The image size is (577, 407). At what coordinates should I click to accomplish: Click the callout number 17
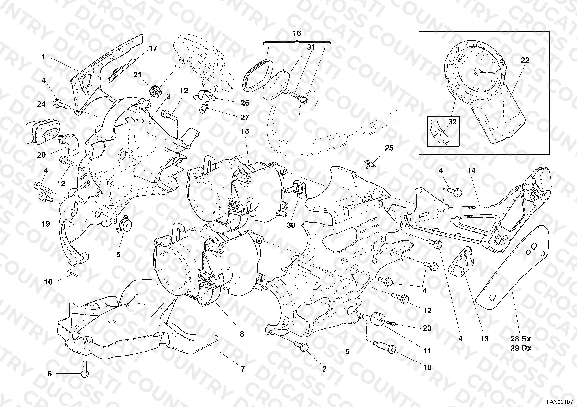153,48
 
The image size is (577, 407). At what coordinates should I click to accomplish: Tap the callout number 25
389,148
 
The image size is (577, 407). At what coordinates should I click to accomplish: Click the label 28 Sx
520,339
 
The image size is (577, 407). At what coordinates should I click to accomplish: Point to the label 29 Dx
520,348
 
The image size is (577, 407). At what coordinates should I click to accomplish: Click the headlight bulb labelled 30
295,189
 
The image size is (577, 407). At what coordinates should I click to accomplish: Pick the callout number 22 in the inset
525,60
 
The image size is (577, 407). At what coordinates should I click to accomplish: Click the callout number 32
452,122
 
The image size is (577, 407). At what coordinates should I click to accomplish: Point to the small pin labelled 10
72,273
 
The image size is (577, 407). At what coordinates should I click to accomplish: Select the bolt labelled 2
302,347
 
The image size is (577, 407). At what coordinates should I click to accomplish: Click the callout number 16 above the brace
297,33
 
